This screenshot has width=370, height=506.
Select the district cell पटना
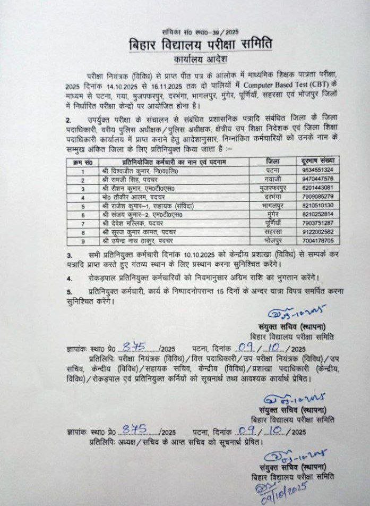(271, 170)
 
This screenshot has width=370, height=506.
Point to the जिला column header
(271, 161)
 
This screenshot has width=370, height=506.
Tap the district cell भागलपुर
(271, 205)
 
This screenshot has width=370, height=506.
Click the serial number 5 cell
(83, 206)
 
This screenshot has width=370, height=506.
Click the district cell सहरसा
(271, 232)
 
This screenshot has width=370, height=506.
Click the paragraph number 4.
(69, 278)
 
